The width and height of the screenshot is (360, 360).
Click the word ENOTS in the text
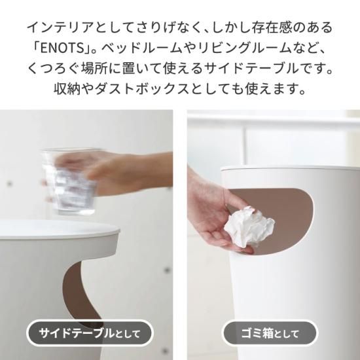pyautogui.click(x=62, y=48)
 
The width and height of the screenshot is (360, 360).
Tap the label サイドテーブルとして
pyautogui.click(x=90, y=333)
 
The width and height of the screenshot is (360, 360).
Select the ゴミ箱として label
pyautogui.click(x=270, y=333)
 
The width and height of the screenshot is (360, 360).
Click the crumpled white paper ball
pyautogui.click(x=249, y=226)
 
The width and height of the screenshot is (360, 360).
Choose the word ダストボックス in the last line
pyautogui.click(x=141, y=89)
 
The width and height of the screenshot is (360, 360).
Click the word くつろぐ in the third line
pyautogui.click(x=54, y=69)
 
